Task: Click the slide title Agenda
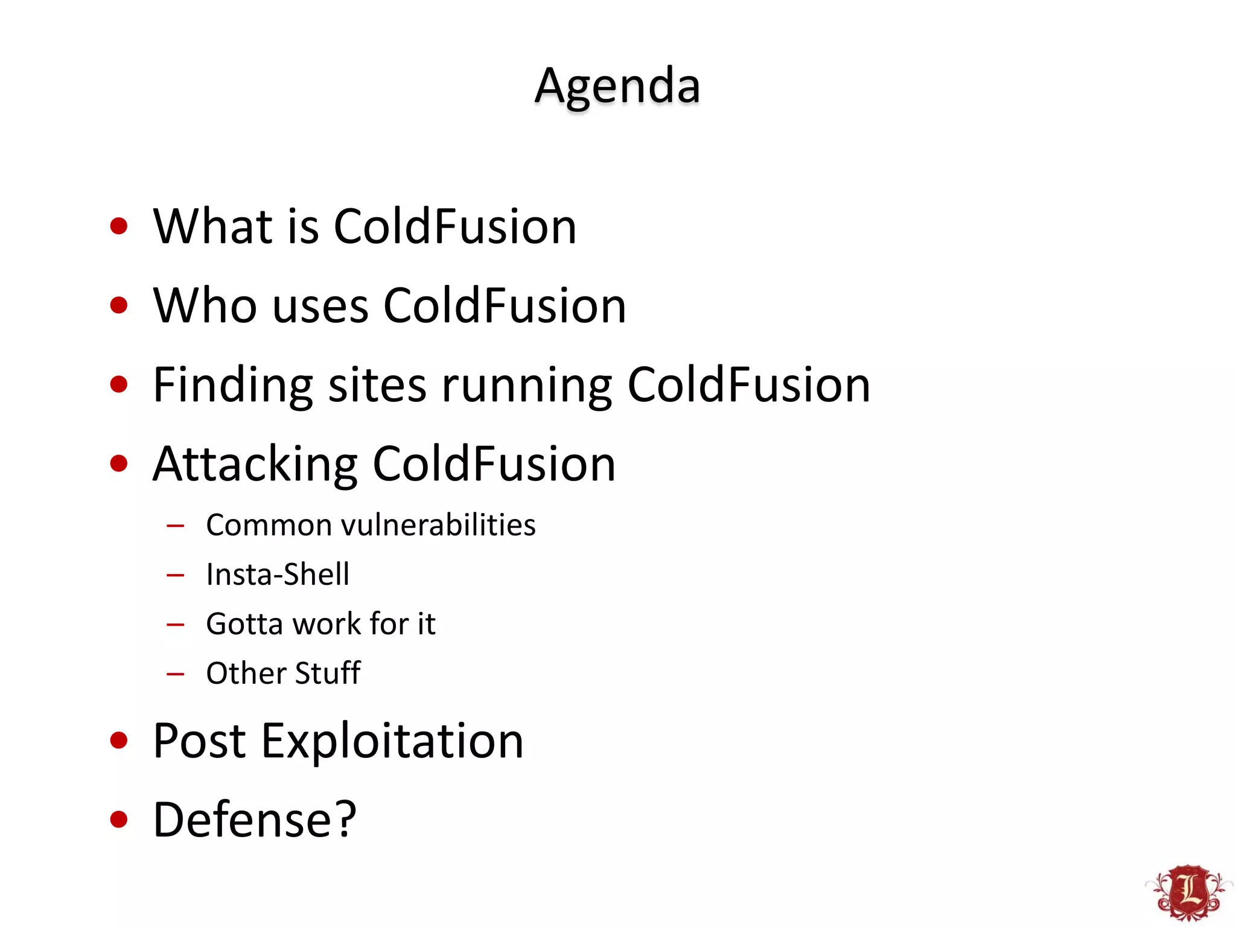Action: pos(617,86)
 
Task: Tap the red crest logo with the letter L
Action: pos(1188,892)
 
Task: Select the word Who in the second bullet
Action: pos(205,305)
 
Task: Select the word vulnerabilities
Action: pos(438,525)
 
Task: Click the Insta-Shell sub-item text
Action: pos(278,574)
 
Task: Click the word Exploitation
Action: pos(392,741)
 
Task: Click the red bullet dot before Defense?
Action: pos(119,820)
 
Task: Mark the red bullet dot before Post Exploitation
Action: pos(119,741)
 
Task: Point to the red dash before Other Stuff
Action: pos(175,674)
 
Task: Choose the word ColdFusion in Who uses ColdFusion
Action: pos(505,305)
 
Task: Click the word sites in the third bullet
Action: pos(377,385)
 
